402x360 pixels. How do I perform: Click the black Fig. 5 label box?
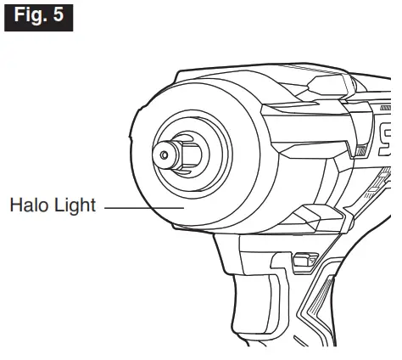coord(37,15)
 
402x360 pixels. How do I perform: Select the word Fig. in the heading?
coord(31,15)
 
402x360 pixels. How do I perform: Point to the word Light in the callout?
coord(75,206)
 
